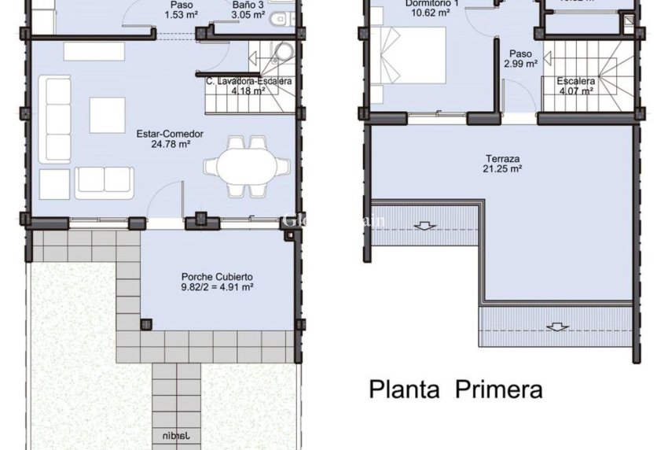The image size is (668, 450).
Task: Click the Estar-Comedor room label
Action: click(170, 134)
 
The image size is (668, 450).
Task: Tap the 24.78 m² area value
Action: click(170, 144)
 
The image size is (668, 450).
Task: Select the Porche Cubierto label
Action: click(217, 277)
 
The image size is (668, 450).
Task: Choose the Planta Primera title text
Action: click(456, 389)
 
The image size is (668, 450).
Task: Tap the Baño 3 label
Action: click(248, 4)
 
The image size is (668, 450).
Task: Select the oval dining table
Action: click(240, 167)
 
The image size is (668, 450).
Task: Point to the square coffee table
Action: click(107, 115)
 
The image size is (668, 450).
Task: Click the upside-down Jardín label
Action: click(175, 434)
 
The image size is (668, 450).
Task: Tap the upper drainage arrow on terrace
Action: click(424, 227)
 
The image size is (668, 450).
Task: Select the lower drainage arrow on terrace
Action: click(558, 326)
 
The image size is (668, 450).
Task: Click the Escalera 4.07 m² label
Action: click(576, 86)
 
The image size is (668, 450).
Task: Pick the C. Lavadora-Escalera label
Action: click(249, 85)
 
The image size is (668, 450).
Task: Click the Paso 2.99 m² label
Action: click(520, 59)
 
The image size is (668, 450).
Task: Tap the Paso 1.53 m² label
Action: click(181, 9)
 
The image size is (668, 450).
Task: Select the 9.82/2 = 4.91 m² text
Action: click(217, 287)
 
